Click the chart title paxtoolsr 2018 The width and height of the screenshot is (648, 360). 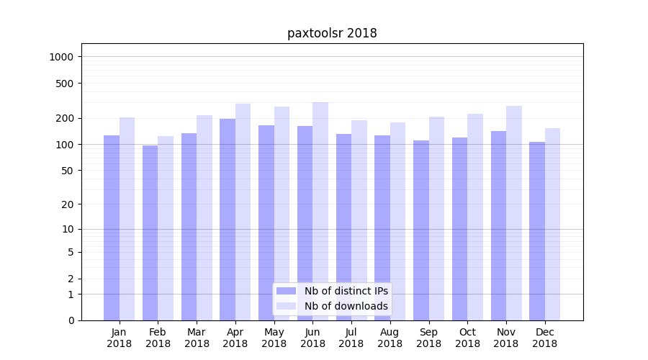332,33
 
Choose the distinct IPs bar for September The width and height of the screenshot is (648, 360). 421,230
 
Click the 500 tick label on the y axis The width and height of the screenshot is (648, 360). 66,84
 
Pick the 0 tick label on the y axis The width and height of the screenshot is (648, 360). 71,320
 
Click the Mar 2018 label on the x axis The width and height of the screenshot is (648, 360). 197,338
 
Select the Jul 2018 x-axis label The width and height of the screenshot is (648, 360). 351,338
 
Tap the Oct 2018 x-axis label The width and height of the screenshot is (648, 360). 467,338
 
